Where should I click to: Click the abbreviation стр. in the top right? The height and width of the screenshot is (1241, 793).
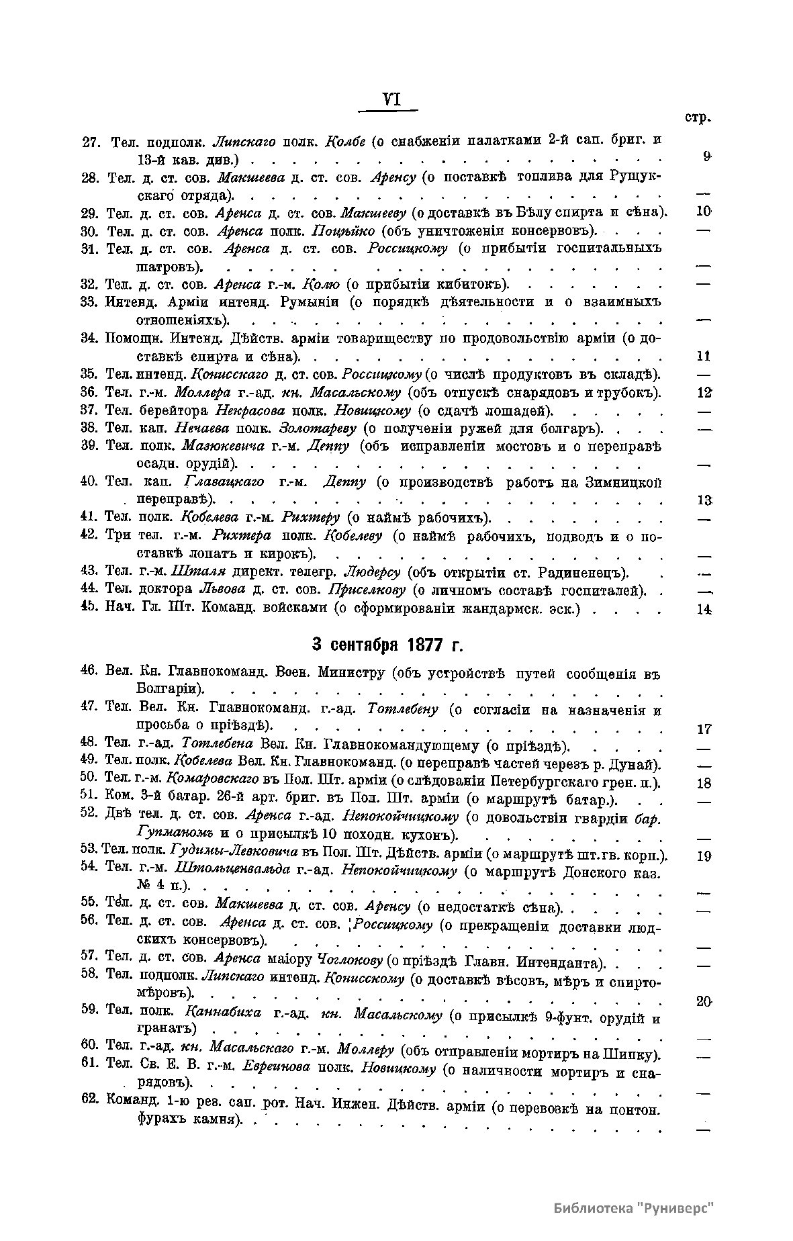[x=698, y=118]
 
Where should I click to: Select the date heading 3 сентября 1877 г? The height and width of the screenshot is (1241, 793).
[x=387, y=645]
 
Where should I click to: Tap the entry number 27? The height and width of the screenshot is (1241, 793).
[x=91, y=142]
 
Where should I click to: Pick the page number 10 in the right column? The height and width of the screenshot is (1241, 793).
[x=703, y=211]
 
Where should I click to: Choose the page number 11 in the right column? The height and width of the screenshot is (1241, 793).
[x=703, y=356]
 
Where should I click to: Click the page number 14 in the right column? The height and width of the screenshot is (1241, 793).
[x=704, y=609]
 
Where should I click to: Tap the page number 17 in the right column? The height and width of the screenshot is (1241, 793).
[x=704, y=729]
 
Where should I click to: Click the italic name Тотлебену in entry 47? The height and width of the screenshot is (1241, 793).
[x=403, y=709]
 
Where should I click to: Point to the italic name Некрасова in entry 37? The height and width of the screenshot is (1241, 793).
[x=246, y=410]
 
